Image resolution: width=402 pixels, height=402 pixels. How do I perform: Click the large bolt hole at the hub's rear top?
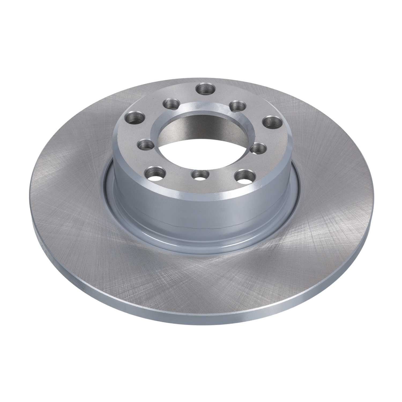[206, 88]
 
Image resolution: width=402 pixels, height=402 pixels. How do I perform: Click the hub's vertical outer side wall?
[201, 209]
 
